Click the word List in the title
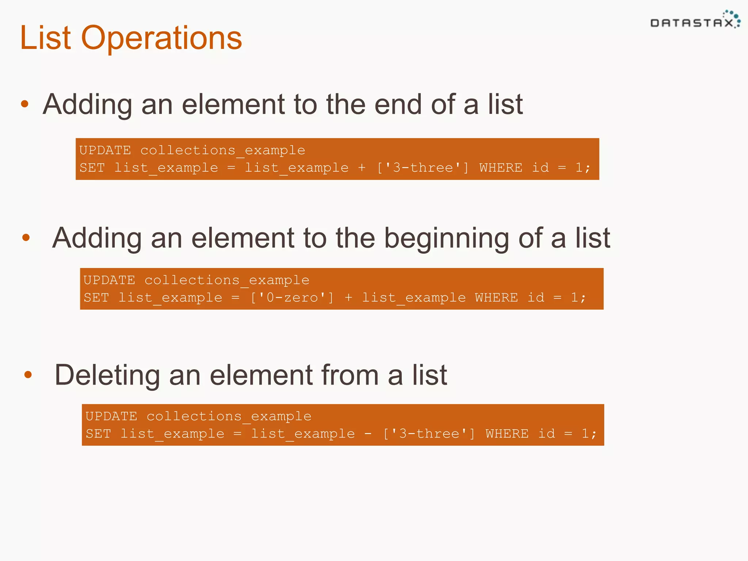[x=45, y=38]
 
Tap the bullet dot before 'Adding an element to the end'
[x=25, y=104]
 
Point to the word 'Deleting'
[x=107, y=375]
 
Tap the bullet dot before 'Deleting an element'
[x=28, y=375]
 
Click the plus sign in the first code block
[x=362, y=168]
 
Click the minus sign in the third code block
[x=368, y=434]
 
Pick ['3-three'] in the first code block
[x=423, y=168]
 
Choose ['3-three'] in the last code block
[x=429, y=434]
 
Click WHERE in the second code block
[x=496, y=297]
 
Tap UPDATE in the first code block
[x=105, y=150]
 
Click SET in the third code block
[x=98, y=434]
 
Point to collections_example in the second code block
[x=227, y=280]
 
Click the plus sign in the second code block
[x=348, y=297]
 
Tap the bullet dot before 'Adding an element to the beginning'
[x=26, y=238]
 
